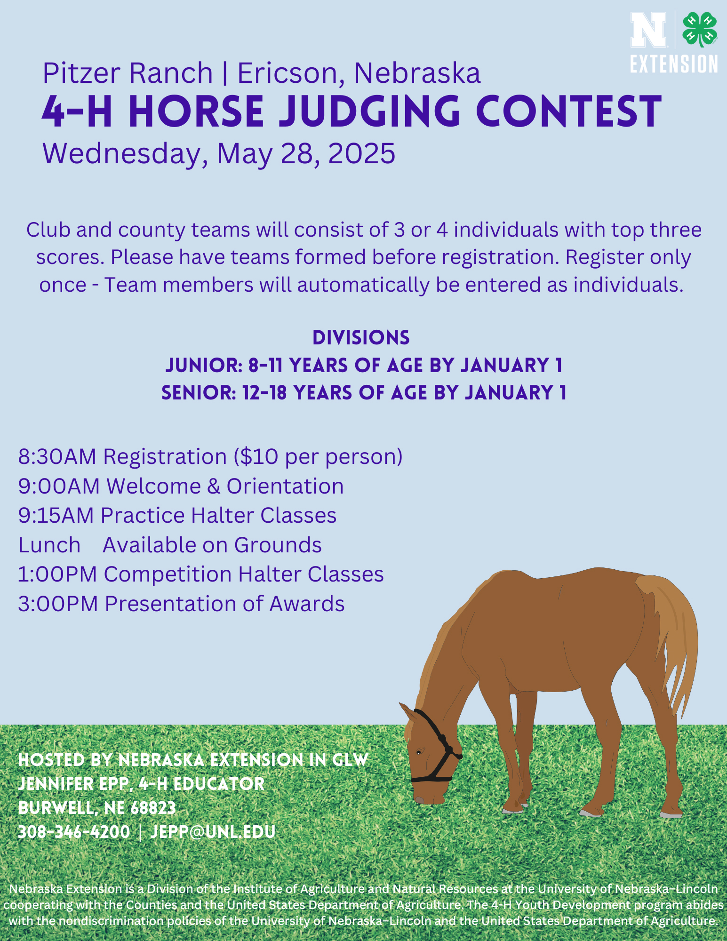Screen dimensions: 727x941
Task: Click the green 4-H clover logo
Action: click(700, 29)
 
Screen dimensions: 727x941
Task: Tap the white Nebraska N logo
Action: click(649, 29)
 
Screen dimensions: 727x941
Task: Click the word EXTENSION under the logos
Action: click(674, 64)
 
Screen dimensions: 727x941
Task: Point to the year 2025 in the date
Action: click(361, 153)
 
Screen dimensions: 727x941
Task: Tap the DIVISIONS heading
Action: click(361, 337)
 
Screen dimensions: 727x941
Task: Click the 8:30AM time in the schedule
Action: click(57, 457)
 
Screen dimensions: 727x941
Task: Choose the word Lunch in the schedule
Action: click(49, 545)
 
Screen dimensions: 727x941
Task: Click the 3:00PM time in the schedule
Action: click(58, 604)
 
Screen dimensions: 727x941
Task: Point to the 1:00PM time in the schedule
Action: click(57, 574)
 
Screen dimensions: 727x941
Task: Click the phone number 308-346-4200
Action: click(74, 832)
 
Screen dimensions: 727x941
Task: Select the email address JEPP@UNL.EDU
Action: click(213, 832)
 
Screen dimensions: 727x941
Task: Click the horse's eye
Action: click(419, 752)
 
